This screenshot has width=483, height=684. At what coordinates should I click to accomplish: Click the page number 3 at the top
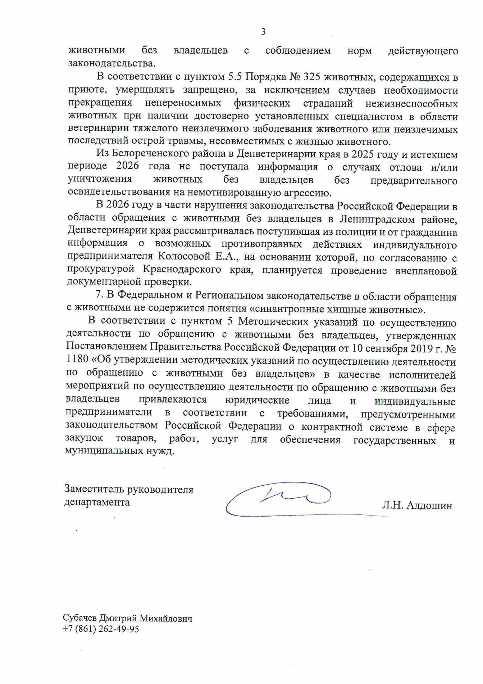pyautogui.click(x=263, y=32)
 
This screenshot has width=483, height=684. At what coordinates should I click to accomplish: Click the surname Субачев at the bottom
pyautogui.click(x=79, y=618)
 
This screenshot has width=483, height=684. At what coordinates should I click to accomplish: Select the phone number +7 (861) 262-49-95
pyautogui.click(x=101, y=629)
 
